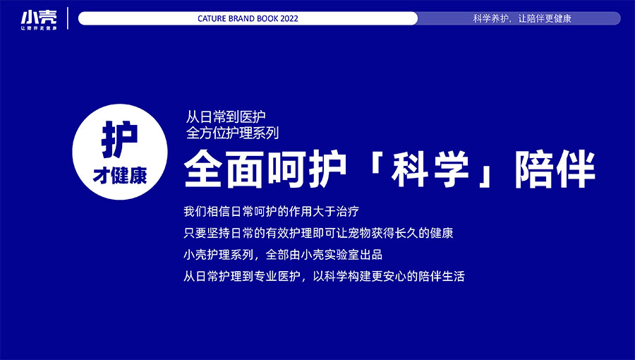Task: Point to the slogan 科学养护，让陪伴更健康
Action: click(x=522, y=18)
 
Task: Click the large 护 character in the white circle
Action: click(x=119, y=140)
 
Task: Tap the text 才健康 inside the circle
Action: click(x=120, y=176)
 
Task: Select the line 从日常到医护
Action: click(x=226, y=116)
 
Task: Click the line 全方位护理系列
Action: click(x=232, y=133)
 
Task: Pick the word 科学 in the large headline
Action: click(x=430, y=169)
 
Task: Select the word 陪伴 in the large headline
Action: click(x=555, y=169)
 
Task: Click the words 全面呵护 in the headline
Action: click(x=265, y=169)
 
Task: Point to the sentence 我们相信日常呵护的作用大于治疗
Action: click(x=272, y=211)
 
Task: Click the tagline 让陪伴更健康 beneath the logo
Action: click(x=39, y=28)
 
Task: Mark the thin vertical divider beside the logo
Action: click(x=68, y=18)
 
